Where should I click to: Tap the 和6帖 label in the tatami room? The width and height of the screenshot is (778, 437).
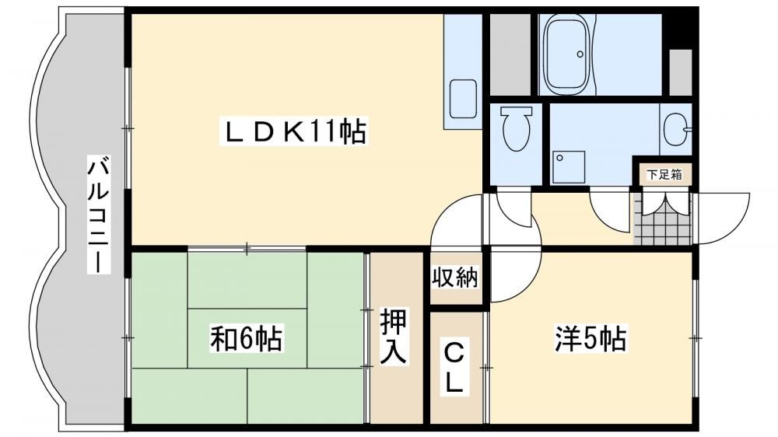click(x=247, y=338)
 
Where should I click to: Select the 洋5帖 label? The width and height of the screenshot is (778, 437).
click(x=591, y=339)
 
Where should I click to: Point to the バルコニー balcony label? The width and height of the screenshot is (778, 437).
click(x=99, y=215)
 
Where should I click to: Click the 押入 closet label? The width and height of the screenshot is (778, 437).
click(x=394, y=337)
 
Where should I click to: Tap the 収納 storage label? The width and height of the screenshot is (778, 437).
click(x=454, y=278)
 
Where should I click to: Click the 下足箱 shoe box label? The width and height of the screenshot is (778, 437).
click(x=664, y=175)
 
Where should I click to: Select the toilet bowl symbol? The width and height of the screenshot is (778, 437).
click(x=516, y=129)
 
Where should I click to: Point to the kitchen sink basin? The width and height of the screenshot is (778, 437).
click(x=463, y=100)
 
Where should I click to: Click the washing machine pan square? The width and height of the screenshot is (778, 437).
click(x=568, y=167)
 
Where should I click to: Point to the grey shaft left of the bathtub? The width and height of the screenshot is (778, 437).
click(x=510, y=54)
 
